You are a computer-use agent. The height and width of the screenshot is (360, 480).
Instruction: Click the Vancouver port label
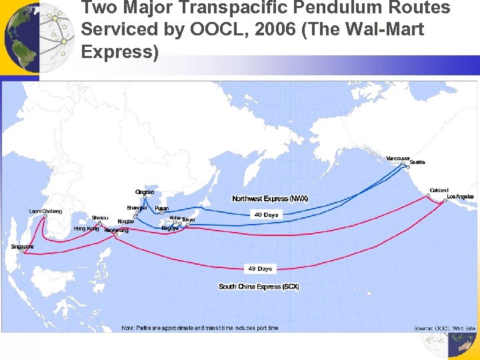[x=398, y=158]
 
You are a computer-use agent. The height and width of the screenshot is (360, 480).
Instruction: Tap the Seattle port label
[x=417, y=162]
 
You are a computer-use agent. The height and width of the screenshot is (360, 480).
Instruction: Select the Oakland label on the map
[x=439, y=189]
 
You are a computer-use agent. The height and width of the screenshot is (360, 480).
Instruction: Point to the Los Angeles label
[x=460, y=197]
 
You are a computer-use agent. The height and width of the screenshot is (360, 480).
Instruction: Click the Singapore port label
[x=22, y=247]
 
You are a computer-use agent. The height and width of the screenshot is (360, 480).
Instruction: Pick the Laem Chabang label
[x=45, y=211]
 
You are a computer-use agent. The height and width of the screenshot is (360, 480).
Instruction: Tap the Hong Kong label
[x=86, y=229]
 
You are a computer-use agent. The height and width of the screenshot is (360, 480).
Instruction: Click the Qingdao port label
[x=145, y=192]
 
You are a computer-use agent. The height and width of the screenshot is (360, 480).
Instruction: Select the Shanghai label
[x=137, y=207]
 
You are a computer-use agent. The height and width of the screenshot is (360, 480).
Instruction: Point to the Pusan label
[x=161, y=208]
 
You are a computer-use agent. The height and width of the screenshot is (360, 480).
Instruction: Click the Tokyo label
[x=189, y=219]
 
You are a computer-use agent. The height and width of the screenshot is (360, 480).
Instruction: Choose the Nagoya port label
[x=170, y=228]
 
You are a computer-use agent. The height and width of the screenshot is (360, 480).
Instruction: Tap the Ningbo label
[x=125, y=221]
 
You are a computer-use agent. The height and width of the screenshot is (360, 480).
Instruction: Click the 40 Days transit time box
[x=266, y=215]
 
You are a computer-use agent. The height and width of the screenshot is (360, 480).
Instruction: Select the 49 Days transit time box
[x=260, y=269]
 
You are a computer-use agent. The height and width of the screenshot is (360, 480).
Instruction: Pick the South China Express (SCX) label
[x=259, y=287]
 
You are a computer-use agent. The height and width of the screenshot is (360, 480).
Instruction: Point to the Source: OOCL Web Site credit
[x=445, y=328]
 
